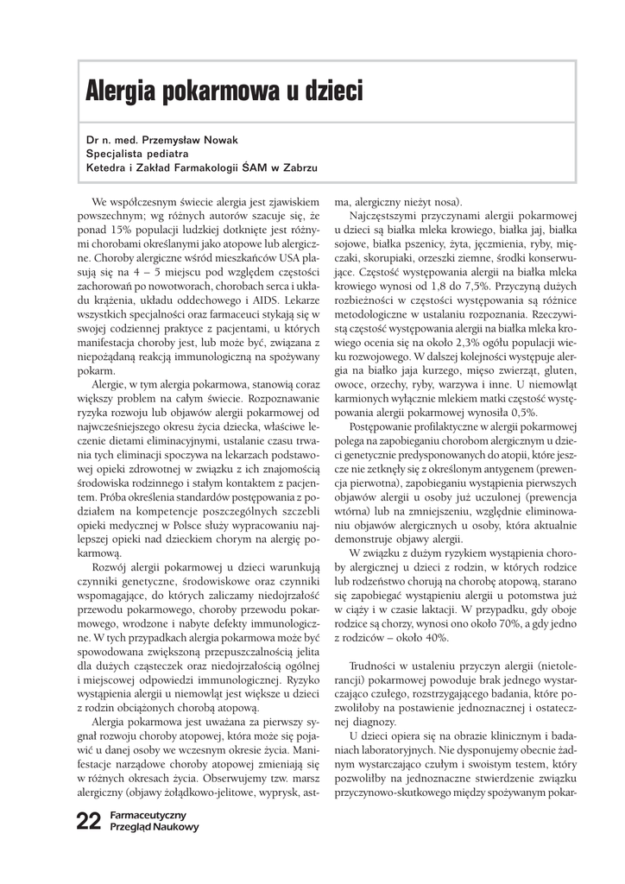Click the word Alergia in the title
(x=123, y=90)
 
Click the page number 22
(x=89, y=821)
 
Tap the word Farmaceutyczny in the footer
(x=149, y=815)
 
